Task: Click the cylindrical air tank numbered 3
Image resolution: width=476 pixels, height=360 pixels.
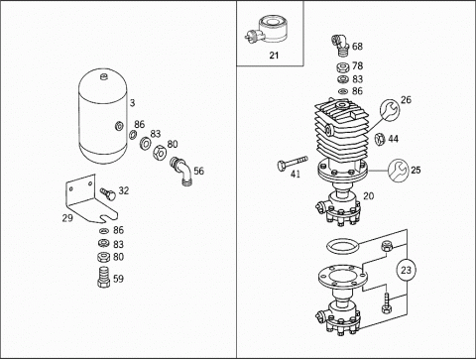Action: (x=103, y=116)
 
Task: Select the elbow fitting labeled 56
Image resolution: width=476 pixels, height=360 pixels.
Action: (x=180, y=172)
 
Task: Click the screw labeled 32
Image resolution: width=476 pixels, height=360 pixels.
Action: (x=108, y=193)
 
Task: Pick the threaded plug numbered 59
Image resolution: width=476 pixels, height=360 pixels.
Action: (x=104, y=277)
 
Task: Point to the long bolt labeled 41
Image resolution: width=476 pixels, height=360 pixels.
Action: (x=293, y=163)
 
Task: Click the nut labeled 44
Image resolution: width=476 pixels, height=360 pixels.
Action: (x=380, y=139)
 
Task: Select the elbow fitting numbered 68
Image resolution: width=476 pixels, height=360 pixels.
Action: (x=340, y=46)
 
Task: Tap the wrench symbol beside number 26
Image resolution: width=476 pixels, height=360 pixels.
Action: (x=390, y=110)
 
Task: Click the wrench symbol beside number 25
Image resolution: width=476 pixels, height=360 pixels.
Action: (x=398, y=171)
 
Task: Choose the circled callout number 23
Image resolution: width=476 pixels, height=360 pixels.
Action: (x=406, y=270)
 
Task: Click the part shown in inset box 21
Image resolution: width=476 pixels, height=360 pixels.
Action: (x=269, y=31)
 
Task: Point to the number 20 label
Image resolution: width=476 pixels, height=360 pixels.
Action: (x=368, y=196)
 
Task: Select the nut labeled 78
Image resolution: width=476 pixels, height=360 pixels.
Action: (x=343, y=67)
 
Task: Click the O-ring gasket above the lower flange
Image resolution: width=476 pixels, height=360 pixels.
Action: (x=342, y=247)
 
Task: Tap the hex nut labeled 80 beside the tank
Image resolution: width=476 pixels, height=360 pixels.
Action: (x=160, y=152)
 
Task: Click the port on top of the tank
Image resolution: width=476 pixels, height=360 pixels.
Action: (x=104, y=76)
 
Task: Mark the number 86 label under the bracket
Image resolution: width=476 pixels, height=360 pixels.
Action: (x=118, y=230)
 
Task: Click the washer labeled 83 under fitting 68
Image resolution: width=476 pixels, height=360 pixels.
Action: (x=343, y=79)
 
